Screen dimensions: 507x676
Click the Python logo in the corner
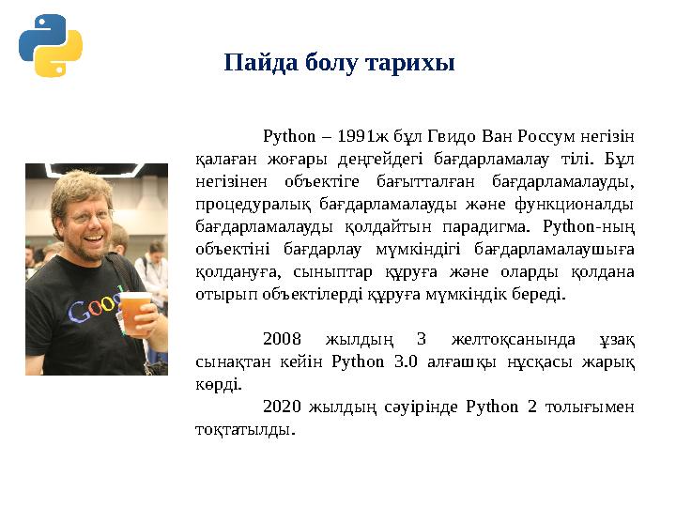[x=50, y=45]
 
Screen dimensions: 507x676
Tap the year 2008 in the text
[x=282, y=338]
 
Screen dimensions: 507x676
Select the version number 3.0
[x=415, y=361]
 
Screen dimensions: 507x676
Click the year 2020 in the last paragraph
[x=282, y=407]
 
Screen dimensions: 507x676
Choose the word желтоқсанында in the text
[x=502, y=338]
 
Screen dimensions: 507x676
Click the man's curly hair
[x=80, y=183]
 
